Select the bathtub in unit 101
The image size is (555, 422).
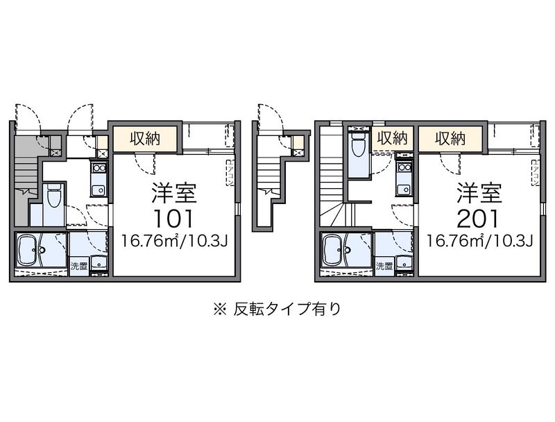click(x=32, y=251)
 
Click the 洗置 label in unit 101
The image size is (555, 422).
click(x=78, y=265)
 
